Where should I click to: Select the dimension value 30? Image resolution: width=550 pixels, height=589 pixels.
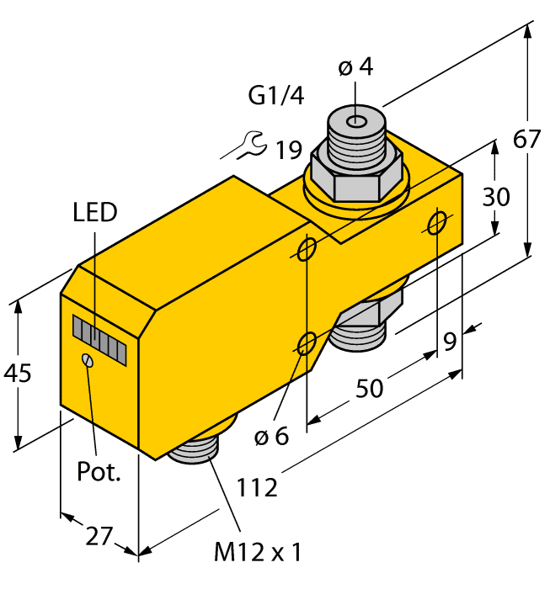click(496, 198)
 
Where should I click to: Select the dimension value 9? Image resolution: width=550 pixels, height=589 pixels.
click(451, 342)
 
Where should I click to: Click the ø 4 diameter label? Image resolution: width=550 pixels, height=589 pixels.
click(355, 68)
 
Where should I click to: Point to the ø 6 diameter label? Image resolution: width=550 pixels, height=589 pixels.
click(270, 436)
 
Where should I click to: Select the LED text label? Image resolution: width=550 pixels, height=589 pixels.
click(94, 213)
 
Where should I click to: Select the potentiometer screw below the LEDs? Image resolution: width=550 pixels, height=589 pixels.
click(87, 360)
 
